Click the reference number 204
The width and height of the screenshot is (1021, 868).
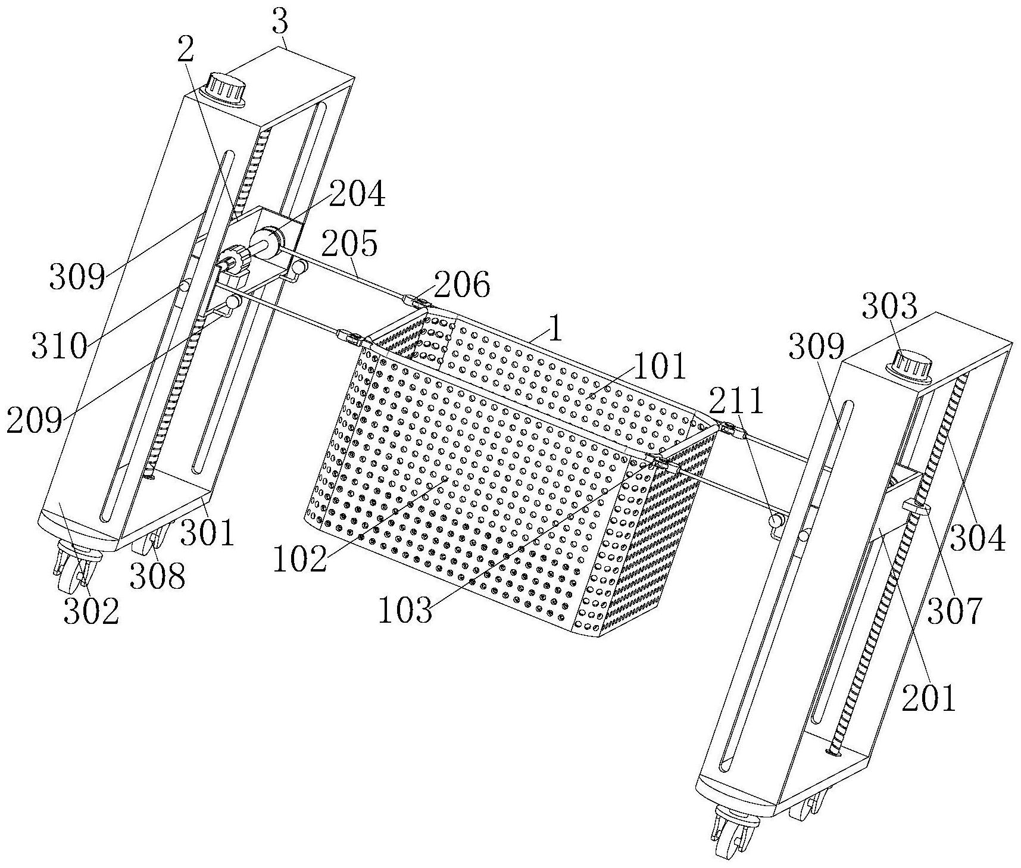[x=357, y=193]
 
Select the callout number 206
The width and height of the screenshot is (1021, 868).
[x=462, y=285]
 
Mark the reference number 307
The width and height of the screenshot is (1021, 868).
[x=954, y=611]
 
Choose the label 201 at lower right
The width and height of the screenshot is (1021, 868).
[x=929, y=698]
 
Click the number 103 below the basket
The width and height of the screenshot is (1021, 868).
[x=405, y=611]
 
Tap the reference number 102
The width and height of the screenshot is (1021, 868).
[x=300, y=559]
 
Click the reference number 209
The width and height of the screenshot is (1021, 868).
[x=35, y=420]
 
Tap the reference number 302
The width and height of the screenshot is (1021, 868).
[x=91, y=611]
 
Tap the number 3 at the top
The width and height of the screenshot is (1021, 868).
[x=280, y=23]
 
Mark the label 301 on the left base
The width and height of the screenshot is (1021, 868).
[x=207, y=532]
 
